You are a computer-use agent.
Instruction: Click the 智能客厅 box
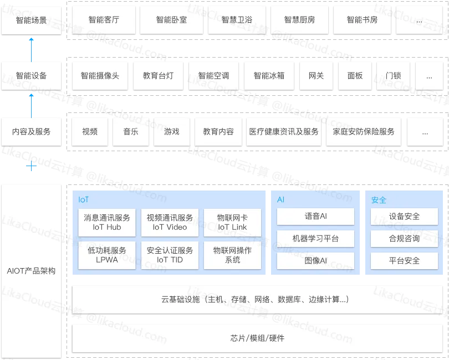[x=104, y=20]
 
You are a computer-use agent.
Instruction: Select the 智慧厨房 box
[x=299, y=20]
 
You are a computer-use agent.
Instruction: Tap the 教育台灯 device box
[x=158, y=76]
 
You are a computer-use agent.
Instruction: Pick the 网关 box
[x=316, y=76]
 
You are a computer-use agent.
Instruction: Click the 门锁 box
[x=393, y=76]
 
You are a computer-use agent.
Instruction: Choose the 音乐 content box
[x=131, y=132]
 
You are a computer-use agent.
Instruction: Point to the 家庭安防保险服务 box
[x=364, y=132]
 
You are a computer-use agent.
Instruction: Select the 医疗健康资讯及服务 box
[x=284, y=132]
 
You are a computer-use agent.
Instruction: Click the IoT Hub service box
[x=107, y=222]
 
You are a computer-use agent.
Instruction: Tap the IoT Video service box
[x=170, y=222]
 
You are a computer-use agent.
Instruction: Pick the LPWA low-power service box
[x=107, y=255]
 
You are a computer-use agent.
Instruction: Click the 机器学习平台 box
[x=315, y=239]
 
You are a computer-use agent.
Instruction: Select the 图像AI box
[x=315, y=260]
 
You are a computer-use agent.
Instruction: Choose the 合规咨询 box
[x=404, y=239]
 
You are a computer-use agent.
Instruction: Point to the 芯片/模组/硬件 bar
[x=257, y=338]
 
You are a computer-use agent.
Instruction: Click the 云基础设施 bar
[x=257, y=300]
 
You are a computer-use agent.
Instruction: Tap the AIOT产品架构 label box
[x=31, y=271]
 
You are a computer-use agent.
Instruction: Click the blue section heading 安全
[x=379, y=200]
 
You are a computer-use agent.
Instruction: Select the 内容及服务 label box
[x=31, y=132]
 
